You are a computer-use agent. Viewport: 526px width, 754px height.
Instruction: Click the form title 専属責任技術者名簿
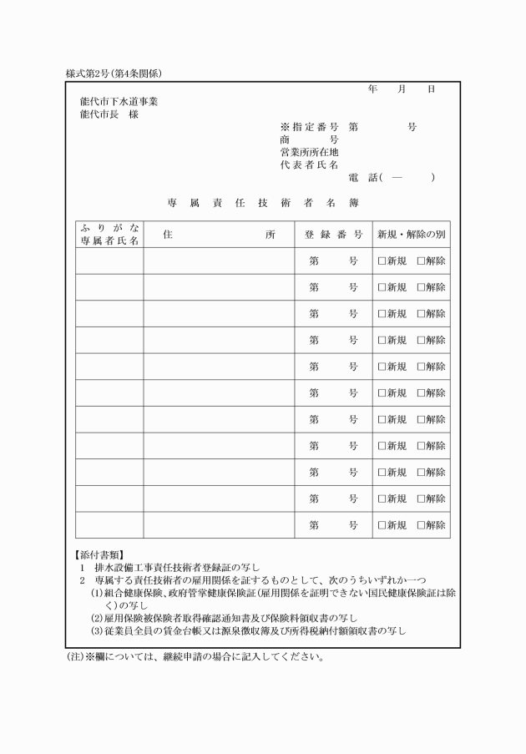[x=263, y=202]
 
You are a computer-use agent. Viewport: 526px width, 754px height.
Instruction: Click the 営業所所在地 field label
[x=310, y=152]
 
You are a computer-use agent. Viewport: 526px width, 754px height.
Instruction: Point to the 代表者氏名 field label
[x=310, y=164]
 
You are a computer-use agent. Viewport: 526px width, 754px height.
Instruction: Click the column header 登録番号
[x=334, y=235]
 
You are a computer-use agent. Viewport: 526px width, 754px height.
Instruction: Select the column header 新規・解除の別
[x=412, y=235]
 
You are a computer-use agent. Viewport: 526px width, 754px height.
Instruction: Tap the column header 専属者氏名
[x=109, y=240]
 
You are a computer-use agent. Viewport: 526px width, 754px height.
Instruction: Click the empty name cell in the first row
[x=109, y=261]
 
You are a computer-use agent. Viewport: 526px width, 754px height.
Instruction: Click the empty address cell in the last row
[x=220, y=524]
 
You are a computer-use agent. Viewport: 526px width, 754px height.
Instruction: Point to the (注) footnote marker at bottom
[x=75, y=656]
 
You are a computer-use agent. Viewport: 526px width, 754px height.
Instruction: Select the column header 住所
[x=220, y=235]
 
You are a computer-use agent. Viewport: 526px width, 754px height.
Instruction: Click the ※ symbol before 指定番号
[x=285, y=127]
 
